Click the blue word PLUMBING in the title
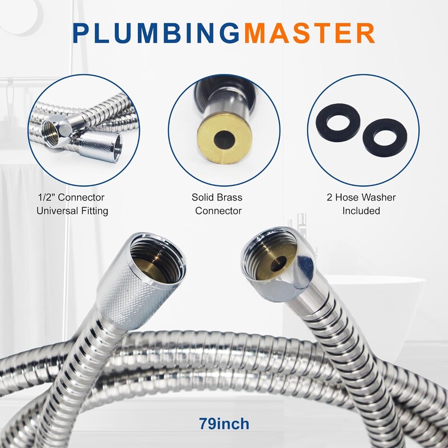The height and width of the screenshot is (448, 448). point(157,33)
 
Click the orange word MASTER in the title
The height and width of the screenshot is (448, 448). point(310,33)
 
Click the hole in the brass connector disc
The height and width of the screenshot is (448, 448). point(225,141)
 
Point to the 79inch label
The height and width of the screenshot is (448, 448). point(224,424)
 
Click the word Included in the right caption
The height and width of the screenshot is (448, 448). point(361,211)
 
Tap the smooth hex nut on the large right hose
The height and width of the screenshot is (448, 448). point(278,264)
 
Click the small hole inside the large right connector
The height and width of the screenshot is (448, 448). point(278,264)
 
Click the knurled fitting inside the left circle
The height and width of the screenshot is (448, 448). point(100,146)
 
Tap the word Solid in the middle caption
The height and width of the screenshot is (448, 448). point(203,197)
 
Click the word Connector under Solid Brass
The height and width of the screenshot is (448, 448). point(218,211)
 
